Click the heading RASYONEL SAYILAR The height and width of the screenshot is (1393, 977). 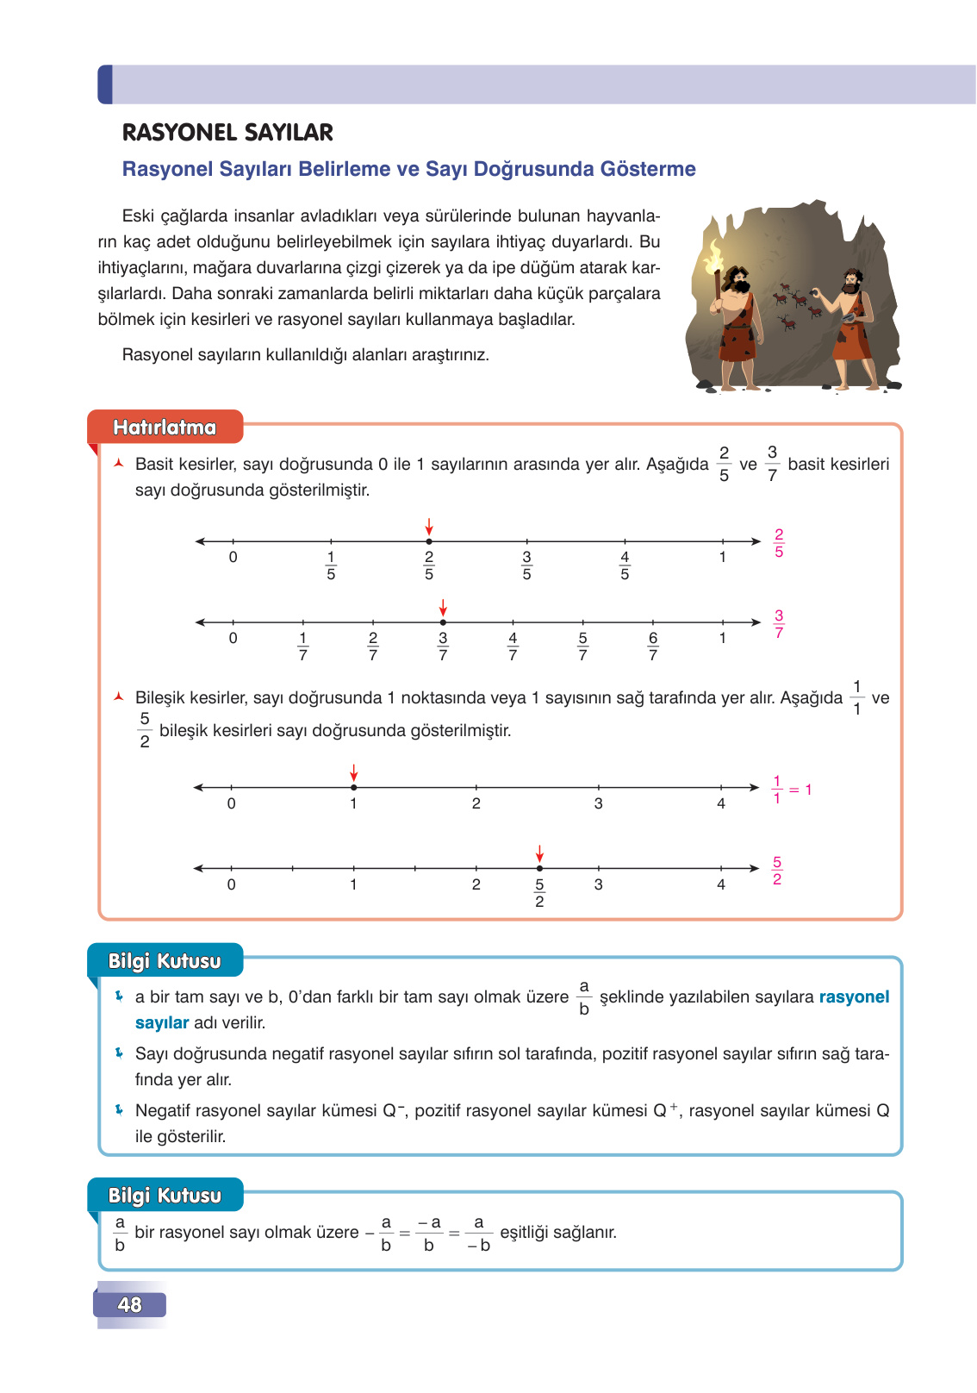pos(227,133)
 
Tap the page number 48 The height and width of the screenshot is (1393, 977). pos(130,1305)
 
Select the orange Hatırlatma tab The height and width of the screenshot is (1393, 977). pos(165,428)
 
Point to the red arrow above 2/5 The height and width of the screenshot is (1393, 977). pos(429,527)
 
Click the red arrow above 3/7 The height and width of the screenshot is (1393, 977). pos(443,607)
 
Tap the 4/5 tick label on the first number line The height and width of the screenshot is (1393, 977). pos(625,565)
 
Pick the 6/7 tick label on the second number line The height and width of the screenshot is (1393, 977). pos(653,647)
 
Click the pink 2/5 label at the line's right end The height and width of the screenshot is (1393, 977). pos(779,543)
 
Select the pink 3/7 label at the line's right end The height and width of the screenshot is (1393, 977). pos(779,623)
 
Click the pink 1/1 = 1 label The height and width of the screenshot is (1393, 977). pos(791,790)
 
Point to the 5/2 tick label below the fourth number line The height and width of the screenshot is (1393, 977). pos(539,893)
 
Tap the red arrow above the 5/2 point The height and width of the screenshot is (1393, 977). pos(539,853)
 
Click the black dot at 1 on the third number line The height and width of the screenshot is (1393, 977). pos(354,787)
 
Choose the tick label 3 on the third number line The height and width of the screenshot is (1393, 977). pos(598,803)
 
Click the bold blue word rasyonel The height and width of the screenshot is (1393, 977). pos(854,997)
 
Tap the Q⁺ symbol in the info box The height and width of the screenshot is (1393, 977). pos(665,1110)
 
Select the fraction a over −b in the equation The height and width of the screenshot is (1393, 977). pos(479,1234)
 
